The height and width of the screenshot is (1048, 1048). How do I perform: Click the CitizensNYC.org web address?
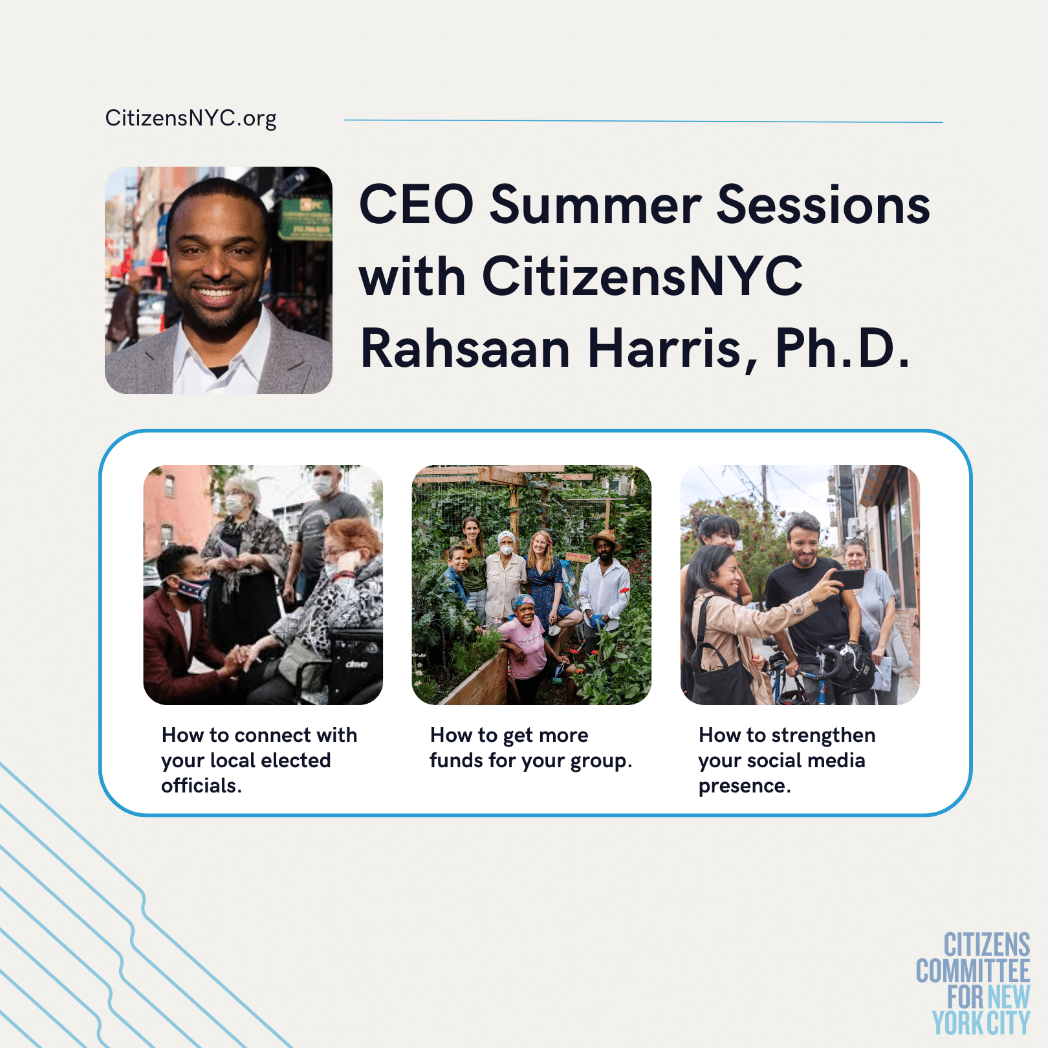pyautogui.click(x=191, y=118)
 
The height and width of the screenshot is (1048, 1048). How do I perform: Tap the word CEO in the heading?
pyautogui.click(x=417, y=204)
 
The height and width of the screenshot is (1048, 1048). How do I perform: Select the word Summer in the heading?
pyautogui.click(x=595, y=204)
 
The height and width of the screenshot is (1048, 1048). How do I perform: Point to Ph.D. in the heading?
pyautogui.click(x=842, y=349)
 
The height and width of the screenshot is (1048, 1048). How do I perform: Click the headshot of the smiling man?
pyautogui.click(x=219, y=280)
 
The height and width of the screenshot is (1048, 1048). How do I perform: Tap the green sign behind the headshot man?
pyautogui.click(x=305, y=218)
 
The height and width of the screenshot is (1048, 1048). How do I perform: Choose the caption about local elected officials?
pyautogui.click(x=259, y=760)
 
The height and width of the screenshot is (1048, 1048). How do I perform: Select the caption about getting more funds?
pyautogui.click(x=531, y=748)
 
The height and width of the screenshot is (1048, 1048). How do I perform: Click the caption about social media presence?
pyautogui.click(x=787, y=760)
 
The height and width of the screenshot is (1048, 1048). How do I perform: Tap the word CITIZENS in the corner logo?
pyautogui.click(x=987, y=945)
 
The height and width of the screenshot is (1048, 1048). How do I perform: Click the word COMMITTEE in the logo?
pyautogui.click(x=973, y=971)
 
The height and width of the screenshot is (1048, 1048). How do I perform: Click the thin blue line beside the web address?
pyautogui.click(x=644, y=121)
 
